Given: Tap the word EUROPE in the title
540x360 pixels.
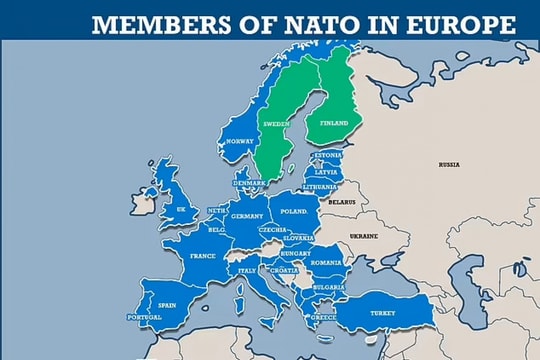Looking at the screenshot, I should [463, 25].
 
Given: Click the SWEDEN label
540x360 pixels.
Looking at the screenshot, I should [275, 124].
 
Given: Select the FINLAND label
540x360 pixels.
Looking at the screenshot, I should [334, 123].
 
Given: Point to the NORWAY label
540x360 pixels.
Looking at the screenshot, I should [240, 141].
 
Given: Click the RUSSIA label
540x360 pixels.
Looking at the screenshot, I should [449, 164].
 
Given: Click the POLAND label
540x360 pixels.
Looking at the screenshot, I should [294, 212].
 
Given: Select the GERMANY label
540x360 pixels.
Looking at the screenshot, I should [246, 217].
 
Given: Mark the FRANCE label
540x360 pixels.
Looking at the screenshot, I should [203, 256].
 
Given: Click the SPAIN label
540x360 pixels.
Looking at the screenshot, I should [167, 305].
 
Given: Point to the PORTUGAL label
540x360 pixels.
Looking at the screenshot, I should [144, 318].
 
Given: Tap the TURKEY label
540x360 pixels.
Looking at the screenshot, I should [383, 312].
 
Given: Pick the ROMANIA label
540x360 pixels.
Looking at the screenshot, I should [326, 262].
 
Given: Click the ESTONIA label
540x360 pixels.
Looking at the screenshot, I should [328, 156].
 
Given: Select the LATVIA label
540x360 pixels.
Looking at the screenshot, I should [327, 172].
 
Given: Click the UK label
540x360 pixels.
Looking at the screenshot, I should [181, 210].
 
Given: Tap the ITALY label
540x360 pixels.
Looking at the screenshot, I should [247, 270].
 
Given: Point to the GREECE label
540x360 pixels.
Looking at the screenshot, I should [323, 318].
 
